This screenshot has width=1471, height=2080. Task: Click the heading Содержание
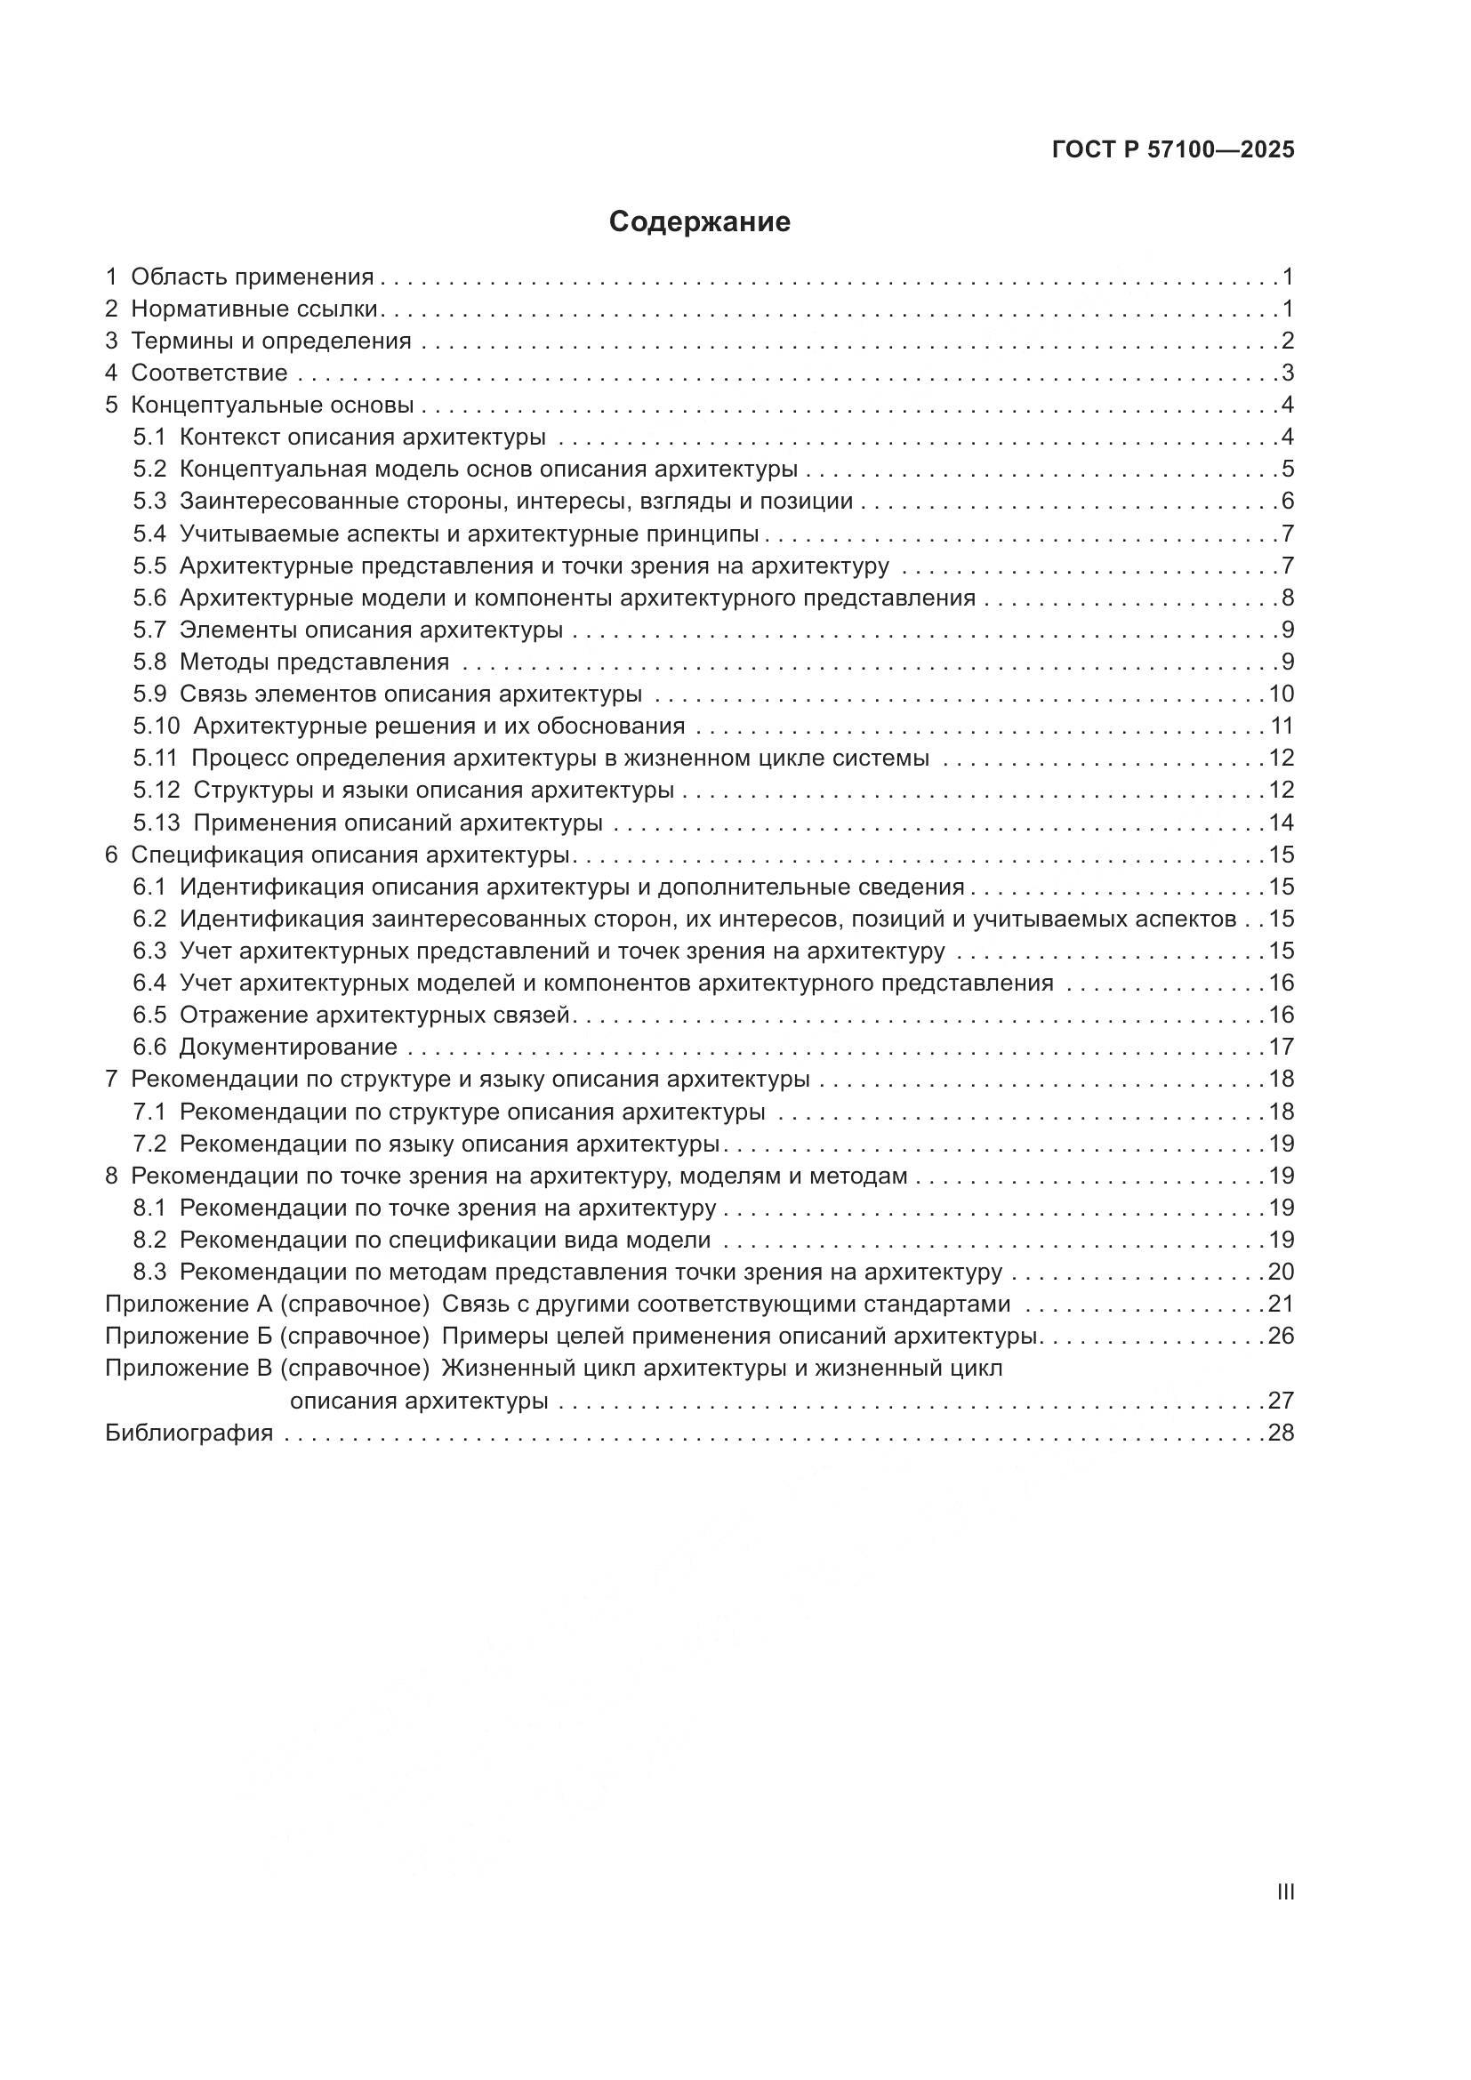pyautogui.click(x=699, y=222)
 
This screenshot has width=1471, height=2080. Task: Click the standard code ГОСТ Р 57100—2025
pyautogui.click(x=1173, y=150)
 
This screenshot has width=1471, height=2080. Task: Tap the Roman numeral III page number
pyautogui.click(x=1284, y=1892)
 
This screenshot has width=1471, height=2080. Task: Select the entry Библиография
pyautogui.click(x=189, y=1433)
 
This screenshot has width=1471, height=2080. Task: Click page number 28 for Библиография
pyautogui.click(x=1281, y=1433)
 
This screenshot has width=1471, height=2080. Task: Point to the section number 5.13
pyautogui.click(x=157, y=823)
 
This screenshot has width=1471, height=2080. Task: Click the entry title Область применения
pyautogui.click(x=252, y=277)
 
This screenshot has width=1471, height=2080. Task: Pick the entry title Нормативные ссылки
pyautogui.click(x=254, y=309)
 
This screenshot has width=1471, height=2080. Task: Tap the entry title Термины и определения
pyautogui.click(x=271, y=341)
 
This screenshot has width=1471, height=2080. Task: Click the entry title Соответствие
pyautogui.click(x=209, y=373)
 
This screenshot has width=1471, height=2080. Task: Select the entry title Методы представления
pyautogui.click(x=314, y=663)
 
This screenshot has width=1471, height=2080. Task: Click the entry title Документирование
pyautogui.click(x=288, y=1048)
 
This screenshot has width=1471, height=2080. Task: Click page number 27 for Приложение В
pyautogui.click(x=1281, y=1401)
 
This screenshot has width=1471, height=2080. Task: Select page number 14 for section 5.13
pyautogui.click(x=1281, y=823)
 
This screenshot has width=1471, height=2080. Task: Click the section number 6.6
pyautogui.click(x=149, y=1048)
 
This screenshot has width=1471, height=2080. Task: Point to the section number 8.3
pyautogui.click(x=149, y=1272)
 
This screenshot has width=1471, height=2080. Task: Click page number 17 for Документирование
pyautogui.click(x=1281, y=1048)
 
